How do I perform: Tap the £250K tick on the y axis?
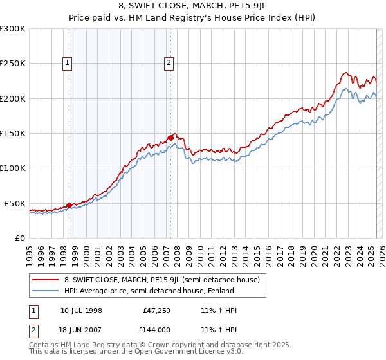(12, 64)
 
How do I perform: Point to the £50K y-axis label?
(14, 203)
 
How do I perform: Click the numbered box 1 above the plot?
(68, 63)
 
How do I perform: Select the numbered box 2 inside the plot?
(169, 63)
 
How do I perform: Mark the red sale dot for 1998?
(69, 205)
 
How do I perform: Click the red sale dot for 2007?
(170, 138)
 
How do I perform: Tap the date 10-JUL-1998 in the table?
(82, 311)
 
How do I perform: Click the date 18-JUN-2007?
(82, 329)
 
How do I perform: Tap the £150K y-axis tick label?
(12, 134)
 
